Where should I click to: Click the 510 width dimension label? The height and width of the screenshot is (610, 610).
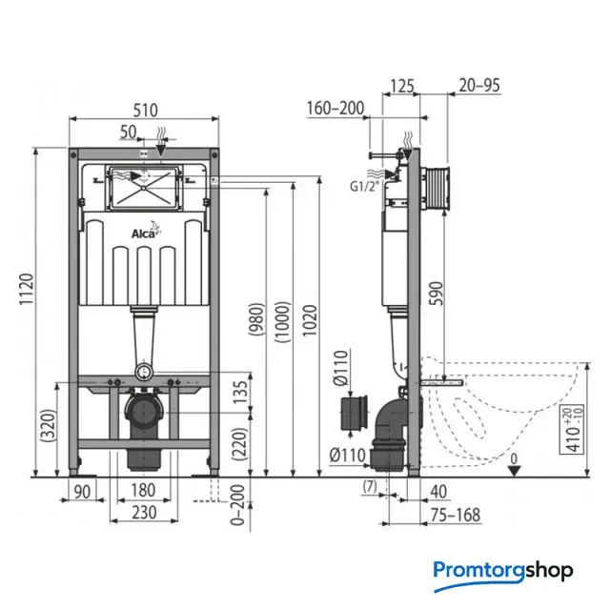[x=146, y=111]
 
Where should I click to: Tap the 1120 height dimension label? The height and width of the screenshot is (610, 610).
[x=27, y=289]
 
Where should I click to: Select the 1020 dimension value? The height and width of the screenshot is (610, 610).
[x=310, y=320]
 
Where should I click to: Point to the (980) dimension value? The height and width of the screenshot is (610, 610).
[x=256, y=318]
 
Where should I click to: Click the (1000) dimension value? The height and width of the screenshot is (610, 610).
[x=283, y=321]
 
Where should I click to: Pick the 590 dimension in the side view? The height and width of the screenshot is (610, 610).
[x=437, y=294]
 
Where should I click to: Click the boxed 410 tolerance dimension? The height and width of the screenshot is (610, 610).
[x=572, y=429]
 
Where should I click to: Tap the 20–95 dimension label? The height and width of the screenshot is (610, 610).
[x=479, y=85]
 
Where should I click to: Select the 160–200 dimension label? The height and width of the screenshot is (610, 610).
[x=335, y=108]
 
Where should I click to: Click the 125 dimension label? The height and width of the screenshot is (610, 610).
[x=402, y=86]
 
